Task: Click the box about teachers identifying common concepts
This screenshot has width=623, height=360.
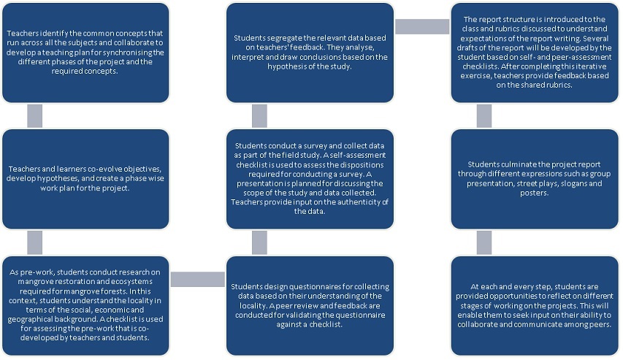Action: [85, 53]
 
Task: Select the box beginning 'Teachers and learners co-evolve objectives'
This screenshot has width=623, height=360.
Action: [85, 179]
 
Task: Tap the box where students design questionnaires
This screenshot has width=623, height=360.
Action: [310, 305]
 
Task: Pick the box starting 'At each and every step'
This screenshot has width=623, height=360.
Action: [535, 305]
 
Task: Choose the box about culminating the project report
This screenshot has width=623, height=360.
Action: [535, 179]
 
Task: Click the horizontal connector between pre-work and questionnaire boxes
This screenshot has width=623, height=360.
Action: [198, 280]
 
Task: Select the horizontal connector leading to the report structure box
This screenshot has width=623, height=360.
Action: [422, 26]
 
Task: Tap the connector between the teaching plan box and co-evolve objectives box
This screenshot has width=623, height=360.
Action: [34, 116]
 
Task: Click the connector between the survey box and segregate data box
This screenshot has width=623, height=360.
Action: [259, 116]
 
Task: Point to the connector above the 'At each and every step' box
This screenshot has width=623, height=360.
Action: [484, 242]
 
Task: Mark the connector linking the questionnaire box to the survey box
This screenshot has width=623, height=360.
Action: [259, 242]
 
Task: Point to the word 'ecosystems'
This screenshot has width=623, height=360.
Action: [133, 282]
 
